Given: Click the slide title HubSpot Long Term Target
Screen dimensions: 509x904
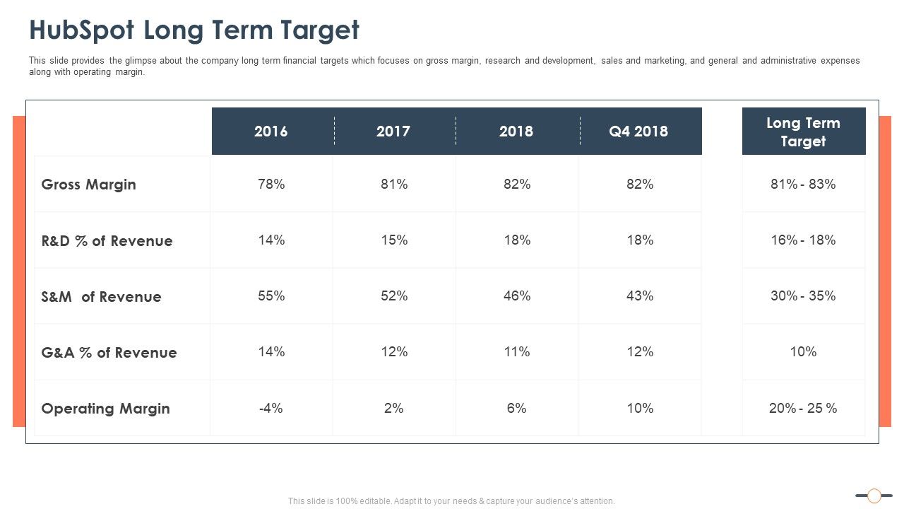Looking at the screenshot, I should click(x=194, y=30).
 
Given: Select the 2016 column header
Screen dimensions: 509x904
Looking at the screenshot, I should click(x=271, y=131).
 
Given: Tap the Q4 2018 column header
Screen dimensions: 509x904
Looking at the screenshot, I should click(x=639, y=131).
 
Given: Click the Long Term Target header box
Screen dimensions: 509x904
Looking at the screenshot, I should click(x=803, y=131).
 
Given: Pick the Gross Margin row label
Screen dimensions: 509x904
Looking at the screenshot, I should click(x=89, y=185).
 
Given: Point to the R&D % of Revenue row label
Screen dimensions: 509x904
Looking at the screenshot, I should click(x=107, y=241).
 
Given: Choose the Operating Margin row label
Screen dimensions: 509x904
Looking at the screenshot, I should click(x=106, y=409).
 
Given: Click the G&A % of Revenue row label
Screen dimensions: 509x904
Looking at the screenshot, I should click(x=109, y=353).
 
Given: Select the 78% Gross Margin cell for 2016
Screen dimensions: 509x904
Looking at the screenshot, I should click(x=271, y=185).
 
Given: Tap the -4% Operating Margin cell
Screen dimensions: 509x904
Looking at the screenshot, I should click(x=271, y=409).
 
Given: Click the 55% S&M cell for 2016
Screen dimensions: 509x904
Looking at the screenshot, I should click(x=271, y=296).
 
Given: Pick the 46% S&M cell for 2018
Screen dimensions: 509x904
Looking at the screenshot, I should click(x=517, y=296).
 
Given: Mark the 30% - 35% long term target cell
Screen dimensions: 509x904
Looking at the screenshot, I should click(x=803, y=296).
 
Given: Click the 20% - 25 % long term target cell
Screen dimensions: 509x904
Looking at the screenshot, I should click(x=803, y=409).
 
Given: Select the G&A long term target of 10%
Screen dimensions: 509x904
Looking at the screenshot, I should click(x=803, y=352).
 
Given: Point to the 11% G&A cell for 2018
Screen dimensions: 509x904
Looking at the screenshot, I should click(x=517, y=352).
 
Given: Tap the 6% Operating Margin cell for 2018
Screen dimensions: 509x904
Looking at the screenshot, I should click(x=517, y=409).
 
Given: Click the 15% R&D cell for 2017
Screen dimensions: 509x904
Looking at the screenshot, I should click(x=394, y=240).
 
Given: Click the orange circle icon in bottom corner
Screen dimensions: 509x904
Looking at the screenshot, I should click(x=874, y=496).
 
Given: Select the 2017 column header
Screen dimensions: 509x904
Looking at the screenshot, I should click(x=393, y=131).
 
